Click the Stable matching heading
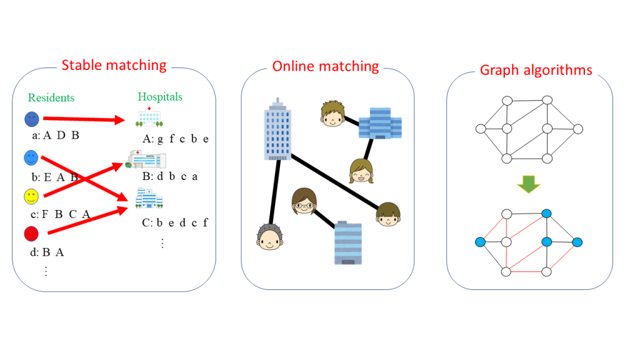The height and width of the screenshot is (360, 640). click(x=114, y=65)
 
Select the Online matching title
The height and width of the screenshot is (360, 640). click(x=326, y=66)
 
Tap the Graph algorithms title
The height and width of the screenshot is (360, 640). click(x=536, y=69)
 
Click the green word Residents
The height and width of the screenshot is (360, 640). click(x=51, y=97)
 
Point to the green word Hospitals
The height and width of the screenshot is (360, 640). click(x=160, y=97)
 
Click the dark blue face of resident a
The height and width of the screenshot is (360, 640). click(x=32, y=119)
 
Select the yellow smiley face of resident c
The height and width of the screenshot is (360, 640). click(x=31, y=197)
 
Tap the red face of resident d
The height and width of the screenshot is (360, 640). click(x=31, y=234)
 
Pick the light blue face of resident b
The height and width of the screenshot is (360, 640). click(x=31, y=157)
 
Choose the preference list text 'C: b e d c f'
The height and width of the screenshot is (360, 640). click(x=175, y=222)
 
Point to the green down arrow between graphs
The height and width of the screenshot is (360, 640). click(x=529, y=184)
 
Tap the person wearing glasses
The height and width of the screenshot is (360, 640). click(x=304, y=201)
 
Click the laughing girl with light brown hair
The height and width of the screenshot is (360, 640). click(x=361, y=171)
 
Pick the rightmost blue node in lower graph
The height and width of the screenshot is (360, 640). click(x=577, y=242)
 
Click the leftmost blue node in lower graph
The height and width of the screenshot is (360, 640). click(x=481, y=242)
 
